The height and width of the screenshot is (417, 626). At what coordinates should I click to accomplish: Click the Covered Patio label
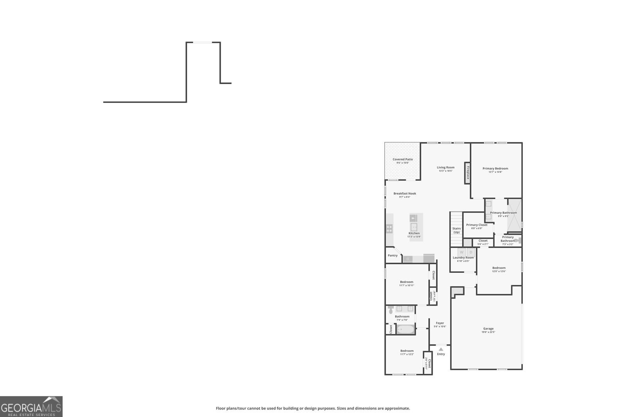(x=403, y=159)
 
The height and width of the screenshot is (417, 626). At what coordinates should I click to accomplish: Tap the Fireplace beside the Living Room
(x=467, y=173)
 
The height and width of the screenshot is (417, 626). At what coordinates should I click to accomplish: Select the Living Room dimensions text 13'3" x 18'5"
(x=445, y=171)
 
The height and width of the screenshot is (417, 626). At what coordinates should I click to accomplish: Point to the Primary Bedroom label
(x=495, y=168)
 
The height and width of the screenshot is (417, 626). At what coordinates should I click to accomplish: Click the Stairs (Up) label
(x=456, y=230)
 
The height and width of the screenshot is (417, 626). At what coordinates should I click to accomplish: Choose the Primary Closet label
(x=477, y=225)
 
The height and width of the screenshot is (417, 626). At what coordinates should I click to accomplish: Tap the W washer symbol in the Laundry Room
(x=462, y=252)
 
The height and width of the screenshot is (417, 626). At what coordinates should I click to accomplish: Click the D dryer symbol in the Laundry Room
(x=471, y=252)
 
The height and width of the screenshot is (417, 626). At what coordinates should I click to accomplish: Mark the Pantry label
(x=392, y=256)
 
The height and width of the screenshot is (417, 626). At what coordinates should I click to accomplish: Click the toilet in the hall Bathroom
(x=391, y=310)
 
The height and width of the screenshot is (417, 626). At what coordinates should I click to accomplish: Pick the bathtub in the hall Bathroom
(x=406, y=329)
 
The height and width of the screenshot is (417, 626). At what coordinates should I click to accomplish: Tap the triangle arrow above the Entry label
(x=441, y=349)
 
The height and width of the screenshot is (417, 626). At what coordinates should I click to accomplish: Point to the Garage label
(x=488, y=329)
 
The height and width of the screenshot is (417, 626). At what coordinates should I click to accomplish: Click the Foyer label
(x=440, y=323)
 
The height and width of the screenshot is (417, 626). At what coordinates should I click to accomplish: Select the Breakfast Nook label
(x=405, y=193)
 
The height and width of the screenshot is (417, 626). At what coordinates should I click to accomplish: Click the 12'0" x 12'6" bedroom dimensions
(x=498, y=271)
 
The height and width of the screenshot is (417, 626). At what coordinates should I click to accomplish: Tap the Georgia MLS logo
(x=31, y=406)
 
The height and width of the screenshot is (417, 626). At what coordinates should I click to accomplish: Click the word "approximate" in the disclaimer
(x=399, y=408)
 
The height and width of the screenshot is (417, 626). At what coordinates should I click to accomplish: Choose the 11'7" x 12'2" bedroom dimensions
(x=407, y=354)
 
